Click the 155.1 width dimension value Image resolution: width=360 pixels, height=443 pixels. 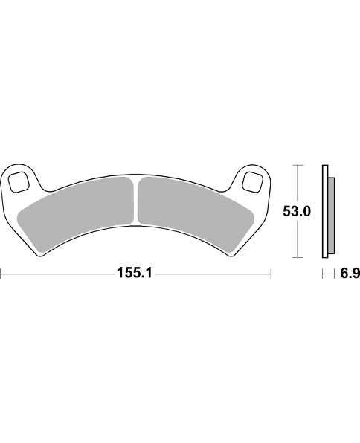pyautogui.click(x=135, y=274)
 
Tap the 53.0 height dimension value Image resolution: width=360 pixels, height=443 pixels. pyautogui.click(x=296, y=212)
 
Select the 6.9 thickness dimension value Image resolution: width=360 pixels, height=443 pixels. pyautogui.click(x=350, y=274)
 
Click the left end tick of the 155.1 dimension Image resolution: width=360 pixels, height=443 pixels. pyautogui.click(x=1, y=274)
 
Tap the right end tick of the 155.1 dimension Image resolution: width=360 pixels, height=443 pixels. pyautogui.click(x=271, y=274)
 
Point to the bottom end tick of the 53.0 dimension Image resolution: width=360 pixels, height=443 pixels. pyautogui.click(x=298, y=258)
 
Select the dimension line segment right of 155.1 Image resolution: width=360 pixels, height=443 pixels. pyautogui.click(x=212, y=274)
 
